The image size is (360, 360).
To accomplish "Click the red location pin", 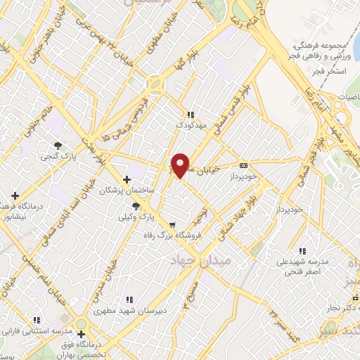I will pyautogui.click(x=181, y=165).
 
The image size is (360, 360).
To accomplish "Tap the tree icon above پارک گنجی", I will pyautogui.click(x=58, y=146).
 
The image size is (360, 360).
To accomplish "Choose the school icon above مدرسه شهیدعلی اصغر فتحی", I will pyautogui.click(x=303, y=250).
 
